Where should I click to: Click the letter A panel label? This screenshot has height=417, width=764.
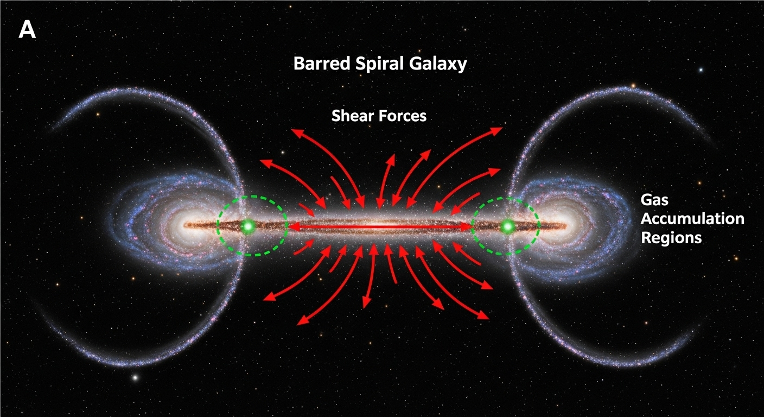27,30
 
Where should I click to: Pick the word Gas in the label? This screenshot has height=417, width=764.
654,200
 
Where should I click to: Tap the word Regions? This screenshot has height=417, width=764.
671,237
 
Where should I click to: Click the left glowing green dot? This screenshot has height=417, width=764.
249,226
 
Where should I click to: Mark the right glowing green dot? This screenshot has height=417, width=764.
508,226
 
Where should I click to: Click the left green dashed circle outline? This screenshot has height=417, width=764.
218,226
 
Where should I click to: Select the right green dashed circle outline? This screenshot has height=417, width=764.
538,226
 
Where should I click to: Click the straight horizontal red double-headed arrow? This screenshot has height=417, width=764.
380,226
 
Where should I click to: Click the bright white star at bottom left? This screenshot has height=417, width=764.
136,377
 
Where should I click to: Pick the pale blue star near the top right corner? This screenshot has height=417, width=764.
701,69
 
